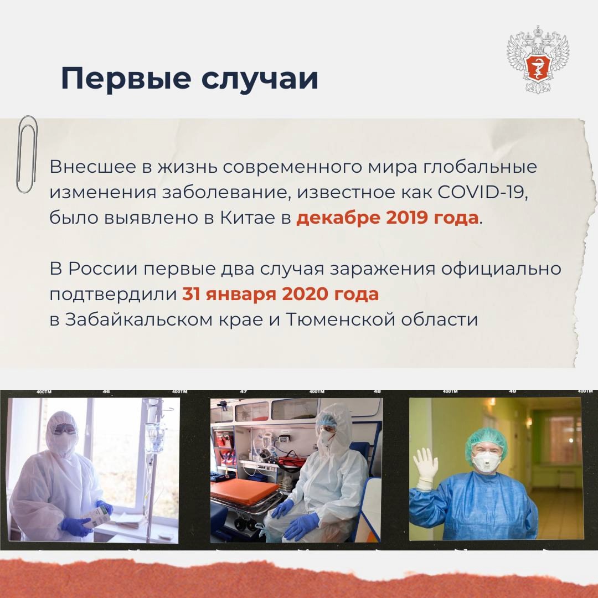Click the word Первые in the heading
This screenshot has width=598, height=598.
(124, 78)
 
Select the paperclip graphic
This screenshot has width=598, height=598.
(26, 155)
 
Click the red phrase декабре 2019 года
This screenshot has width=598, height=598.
(386, 218)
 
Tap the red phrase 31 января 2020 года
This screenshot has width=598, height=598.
(280, 294)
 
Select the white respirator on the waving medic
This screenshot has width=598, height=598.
(486, 461)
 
